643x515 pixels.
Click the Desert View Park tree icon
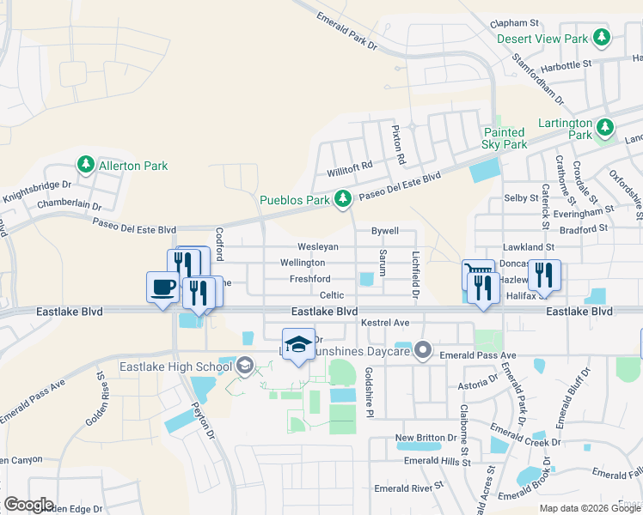tap(603, 38)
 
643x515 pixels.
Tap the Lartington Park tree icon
tap(606, 127)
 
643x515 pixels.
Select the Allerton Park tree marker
tap(85, 164)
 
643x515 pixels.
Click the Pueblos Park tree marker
tap(343, 200)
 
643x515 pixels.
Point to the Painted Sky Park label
tap(504, 138)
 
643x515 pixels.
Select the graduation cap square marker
tap(298, 344)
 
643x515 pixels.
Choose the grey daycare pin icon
tap(422, 349)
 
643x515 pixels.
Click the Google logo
tap(28, 504)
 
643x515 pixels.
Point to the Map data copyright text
tap(589, 507)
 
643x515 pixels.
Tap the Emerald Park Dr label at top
tap(347, 29)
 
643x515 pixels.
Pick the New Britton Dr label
tap(426, 438)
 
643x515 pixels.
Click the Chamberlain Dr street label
tap(69, 206)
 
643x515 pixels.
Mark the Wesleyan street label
tap(318, 246)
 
